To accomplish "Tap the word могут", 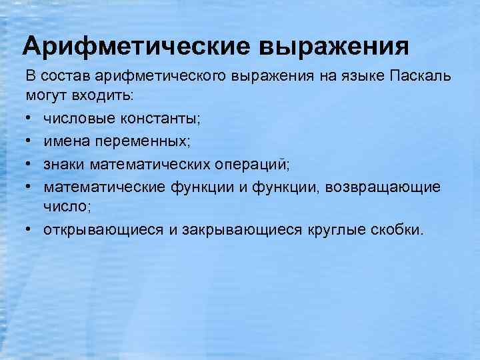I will click(x=47, y=96).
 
